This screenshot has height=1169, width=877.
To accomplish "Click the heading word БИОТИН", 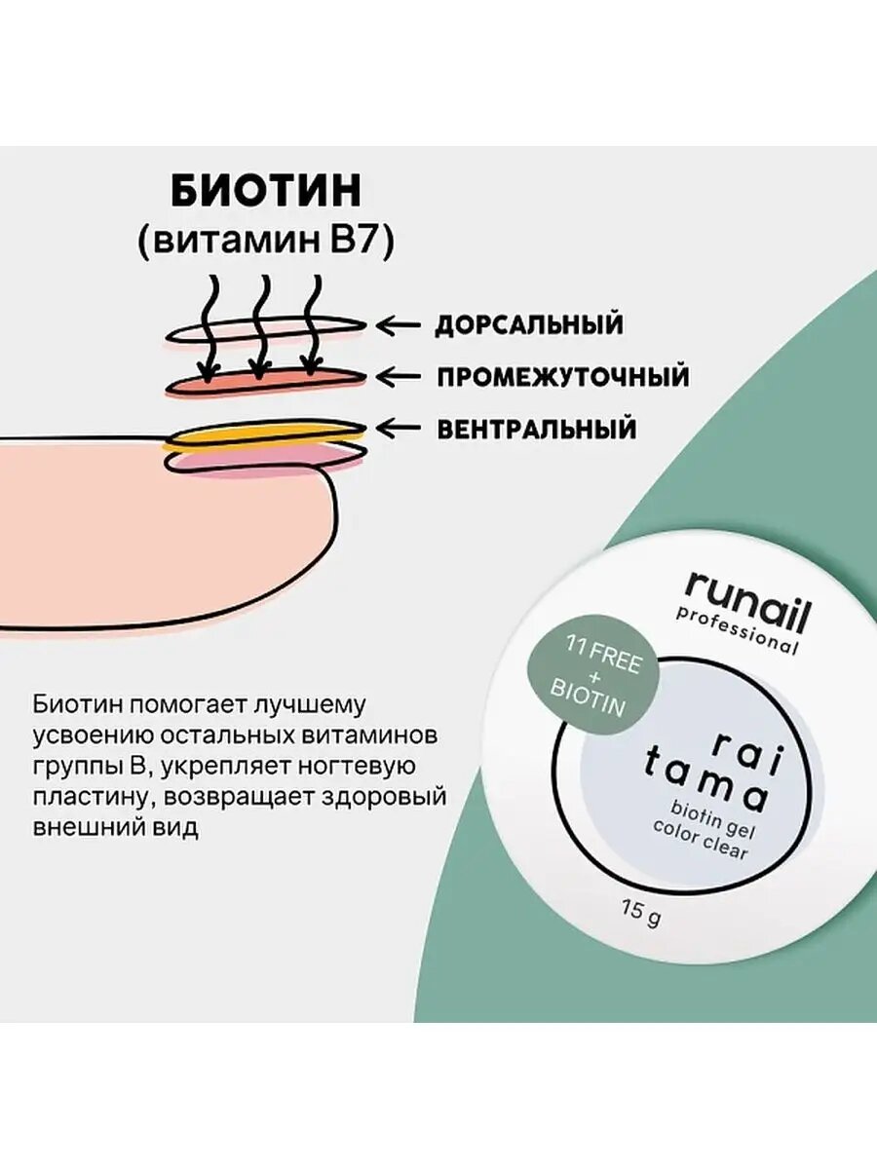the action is pos(266,192).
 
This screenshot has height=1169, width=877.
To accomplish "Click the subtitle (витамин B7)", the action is pos(266,242).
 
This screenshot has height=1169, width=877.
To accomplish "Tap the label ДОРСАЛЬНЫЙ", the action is pos(528,324).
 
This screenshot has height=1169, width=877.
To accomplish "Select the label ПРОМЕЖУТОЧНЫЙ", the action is pos(562,376).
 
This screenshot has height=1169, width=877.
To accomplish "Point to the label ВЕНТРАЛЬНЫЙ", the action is pos(537,428).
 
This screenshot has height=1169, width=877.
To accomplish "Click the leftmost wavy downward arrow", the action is pos(208,325).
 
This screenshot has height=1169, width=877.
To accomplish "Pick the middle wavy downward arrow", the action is pos(259,325).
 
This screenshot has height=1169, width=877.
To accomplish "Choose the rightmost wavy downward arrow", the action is pos(312,325).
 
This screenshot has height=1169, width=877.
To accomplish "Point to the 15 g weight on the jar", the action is pos(640,913).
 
